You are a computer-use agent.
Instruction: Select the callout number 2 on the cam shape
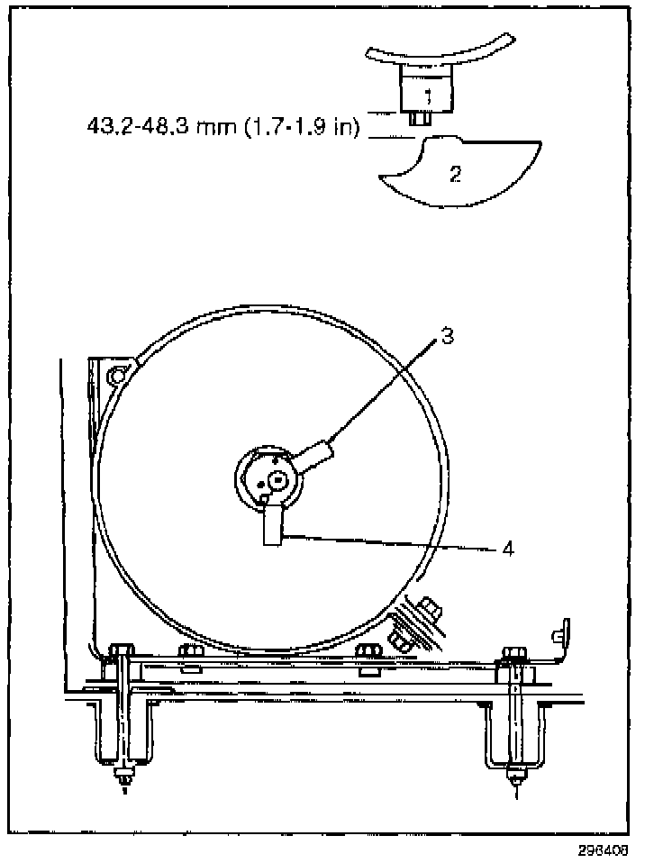point(456,174)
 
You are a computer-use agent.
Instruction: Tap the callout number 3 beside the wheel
point(447,337)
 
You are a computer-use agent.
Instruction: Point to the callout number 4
point(507,547)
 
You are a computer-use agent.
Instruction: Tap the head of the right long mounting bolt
point(513,652)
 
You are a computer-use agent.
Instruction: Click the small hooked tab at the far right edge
point(564,633)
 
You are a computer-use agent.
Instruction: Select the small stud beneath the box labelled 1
point(417,118)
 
